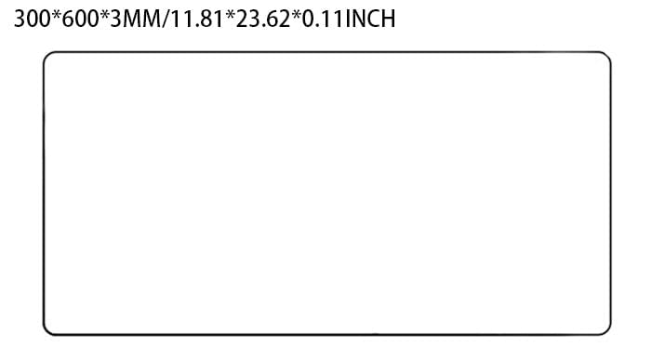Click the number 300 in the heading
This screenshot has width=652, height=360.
[x=32, y=20]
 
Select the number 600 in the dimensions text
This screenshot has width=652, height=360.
[x=80, y=20]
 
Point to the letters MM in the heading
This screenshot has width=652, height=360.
[x=141, y=20]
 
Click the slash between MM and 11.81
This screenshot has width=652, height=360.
[x=166, y=20]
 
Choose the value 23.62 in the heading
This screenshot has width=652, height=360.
[x=263, y=20]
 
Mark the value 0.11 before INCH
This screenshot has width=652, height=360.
[x=323, y=20]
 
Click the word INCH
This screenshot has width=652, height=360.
[x=370, y=20]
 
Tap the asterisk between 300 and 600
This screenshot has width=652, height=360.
[x=56, y=16]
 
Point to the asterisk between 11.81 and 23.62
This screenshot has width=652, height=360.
[x=230, y=16]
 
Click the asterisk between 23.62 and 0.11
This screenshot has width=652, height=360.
[x=296, y=16]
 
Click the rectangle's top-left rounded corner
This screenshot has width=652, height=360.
[x=47, y=55]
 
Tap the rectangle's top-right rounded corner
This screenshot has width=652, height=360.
[x=607, y=55]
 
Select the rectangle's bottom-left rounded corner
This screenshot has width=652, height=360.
[x=47, y=331]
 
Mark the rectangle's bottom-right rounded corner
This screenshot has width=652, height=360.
[x=607, y=331]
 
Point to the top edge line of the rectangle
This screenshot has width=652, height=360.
[x=326, y=52]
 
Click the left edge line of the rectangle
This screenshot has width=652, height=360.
[x=44, y=193]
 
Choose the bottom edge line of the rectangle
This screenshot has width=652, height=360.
[x=326, y=334]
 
